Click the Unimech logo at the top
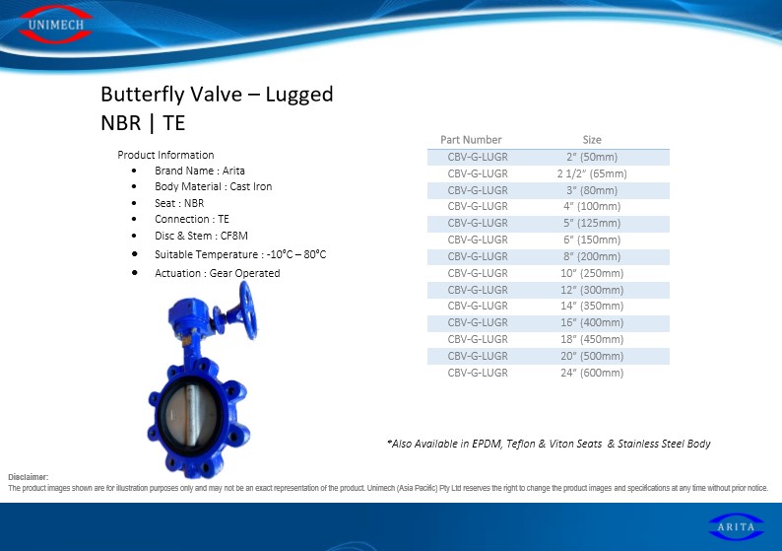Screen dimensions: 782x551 click(55, 24)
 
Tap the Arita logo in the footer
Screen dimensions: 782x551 click(736, 526)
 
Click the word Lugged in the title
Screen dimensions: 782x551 click(298, 95)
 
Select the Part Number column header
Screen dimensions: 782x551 click(471, 140)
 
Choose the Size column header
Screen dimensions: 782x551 click(592, 140)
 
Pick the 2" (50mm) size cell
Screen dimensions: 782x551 click(592, 157)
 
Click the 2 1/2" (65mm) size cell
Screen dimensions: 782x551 click(592, 173)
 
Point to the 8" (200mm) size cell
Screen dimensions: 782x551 click(592, 256)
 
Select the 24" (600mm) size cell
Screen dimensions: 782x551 click(592, 373)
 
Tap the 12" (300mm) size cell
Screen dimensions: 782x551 click(592, 290)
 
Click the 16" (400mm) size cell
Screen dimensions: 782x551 click(592, 323)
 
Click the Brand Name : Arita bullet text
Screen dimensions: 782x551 click(200, 171)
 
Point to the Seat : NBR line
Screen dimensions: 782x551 click(179, 203)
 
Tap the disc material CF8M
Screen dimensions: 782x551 click(233, 236)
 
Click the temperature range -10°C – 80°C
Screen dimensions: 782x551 click(296, 254)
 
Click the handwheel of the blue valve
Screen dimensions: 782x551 click(247, 310)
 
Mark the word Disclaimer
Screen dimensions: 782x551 click(28, 477)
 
